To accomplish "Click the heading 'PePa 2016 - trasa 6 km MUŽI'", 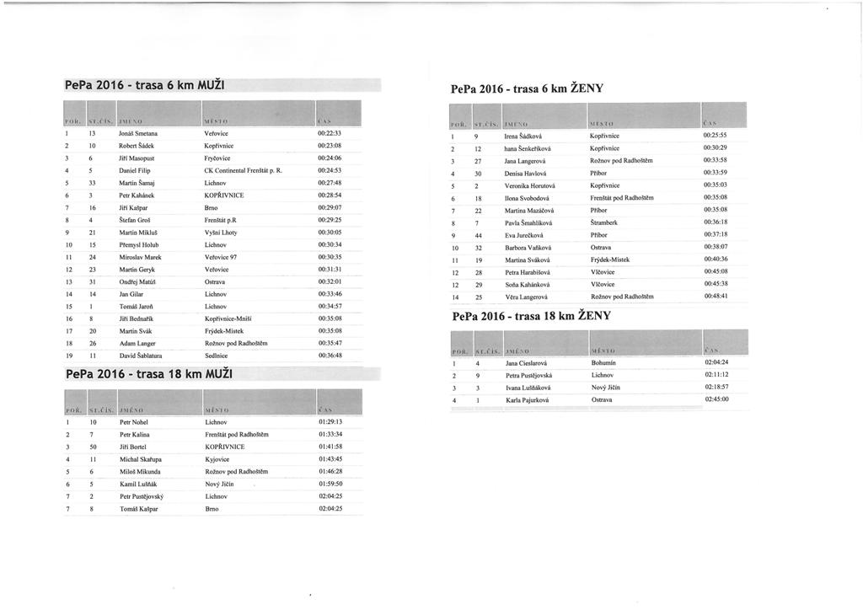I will [147, 85].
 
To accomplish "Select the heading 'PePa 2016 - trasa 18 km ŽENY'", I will [531, 317].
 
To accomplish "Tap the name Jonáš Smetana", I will [140, 133].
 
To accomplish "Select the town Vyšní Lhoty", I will [222, 232].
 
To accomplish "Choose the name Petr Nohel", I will [135, 421].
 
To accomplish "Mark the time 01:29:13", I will [330, 421].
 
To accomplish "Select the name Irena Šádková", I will [528, 136].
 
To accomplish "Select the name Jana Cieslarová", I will [528, 362].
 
